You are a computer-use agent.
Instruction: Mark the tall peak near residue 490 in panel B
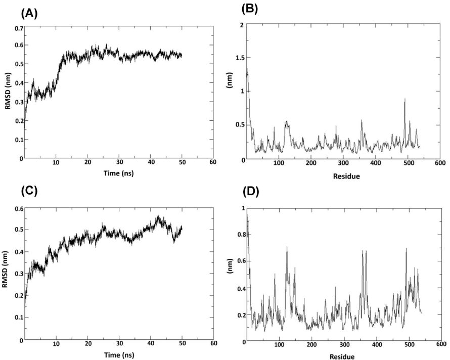405,100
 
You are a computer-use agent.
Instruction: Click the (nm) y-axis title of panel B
232,92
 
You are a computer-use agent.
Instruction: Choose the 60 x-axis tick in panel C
213,344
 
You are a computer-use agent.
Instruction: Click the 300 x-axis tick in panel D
344,344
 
